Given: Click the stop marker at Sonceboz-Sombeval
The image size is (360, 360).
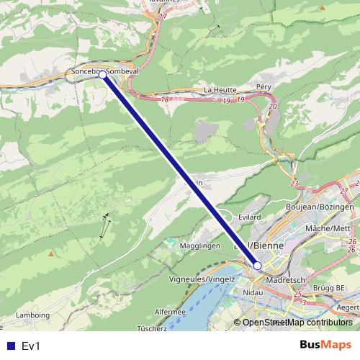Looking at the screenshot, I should [102, 74].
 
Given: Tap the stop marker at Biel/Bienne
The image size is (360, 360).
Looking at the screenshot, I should [257, 265].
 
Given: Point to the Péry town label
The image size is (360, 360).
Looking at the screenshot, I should [264, 86].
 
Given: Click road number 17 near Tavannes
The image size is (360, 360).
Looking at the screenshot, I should [163, 17].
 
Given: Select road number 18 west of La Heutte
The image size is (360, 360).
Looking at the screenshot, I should [166, 99].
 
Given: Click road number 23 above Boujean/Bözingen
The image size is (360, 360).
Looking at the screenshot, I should [294, 184].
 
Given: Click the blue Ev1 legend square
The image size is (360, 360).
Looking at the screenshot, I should [9, 346].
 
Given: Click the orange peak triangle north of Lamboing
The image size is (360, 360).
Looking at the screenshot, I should [50, 253].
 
